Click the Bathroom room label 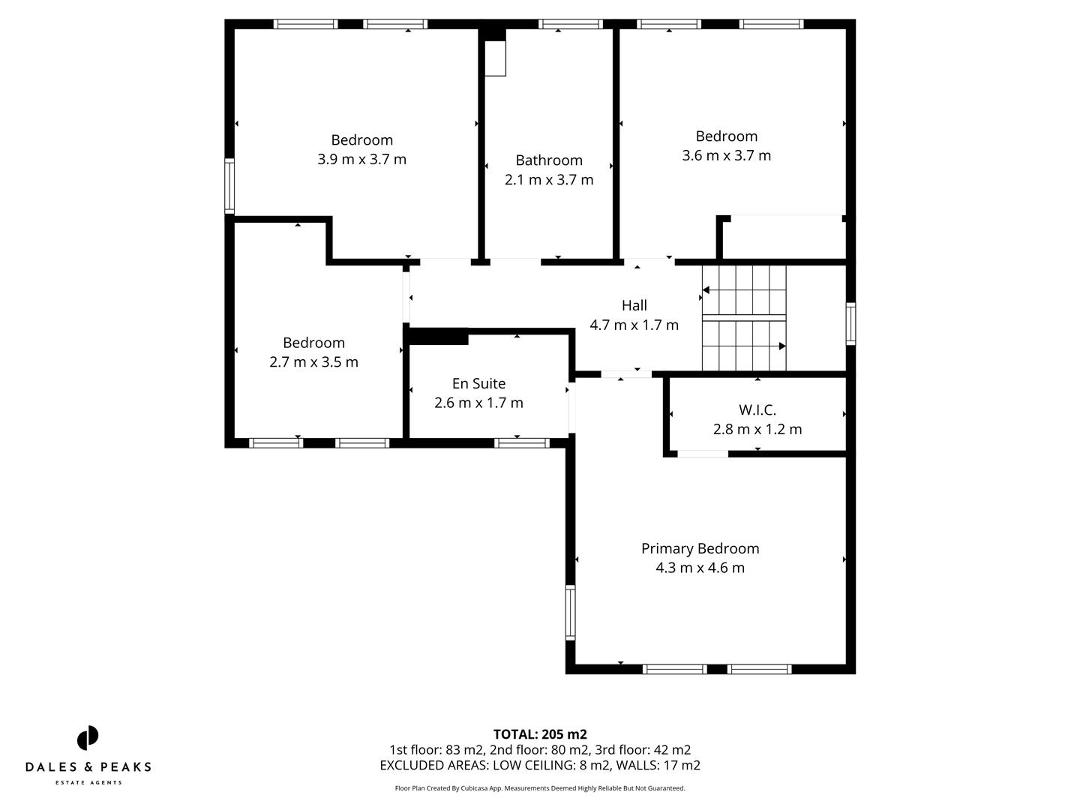click(549, 160)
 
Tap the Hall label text click(634, 305)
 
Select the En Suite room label click(478, 383)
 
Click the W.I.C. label click(757, 410)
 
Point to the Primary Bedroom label click(700, 548)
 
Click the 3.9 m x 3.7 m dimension click(361, 159)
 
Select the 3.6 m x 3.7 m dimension click(726, 155)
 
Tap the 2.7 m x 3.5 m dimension click(313, 362)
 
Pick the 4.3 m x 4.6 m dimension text click(700, 568)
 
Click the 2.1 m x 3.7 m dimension click(549, 180)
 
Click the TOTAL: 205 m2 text click(540, 734)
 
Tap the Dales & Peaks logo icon click(88, 738)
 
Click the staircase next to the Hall click(743, 318)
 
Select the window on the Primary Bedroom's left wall click(570, 612)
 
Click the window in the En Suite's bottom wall click(522, 443)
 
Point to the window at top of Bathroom click(570, 24)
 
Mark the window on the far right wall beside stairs click(850, 323)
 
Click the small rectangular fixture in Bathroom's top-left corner click(495, 58)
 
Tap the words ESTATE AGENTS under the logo click(88, 783)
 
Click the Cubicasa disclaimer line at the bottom click(540, 788)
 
